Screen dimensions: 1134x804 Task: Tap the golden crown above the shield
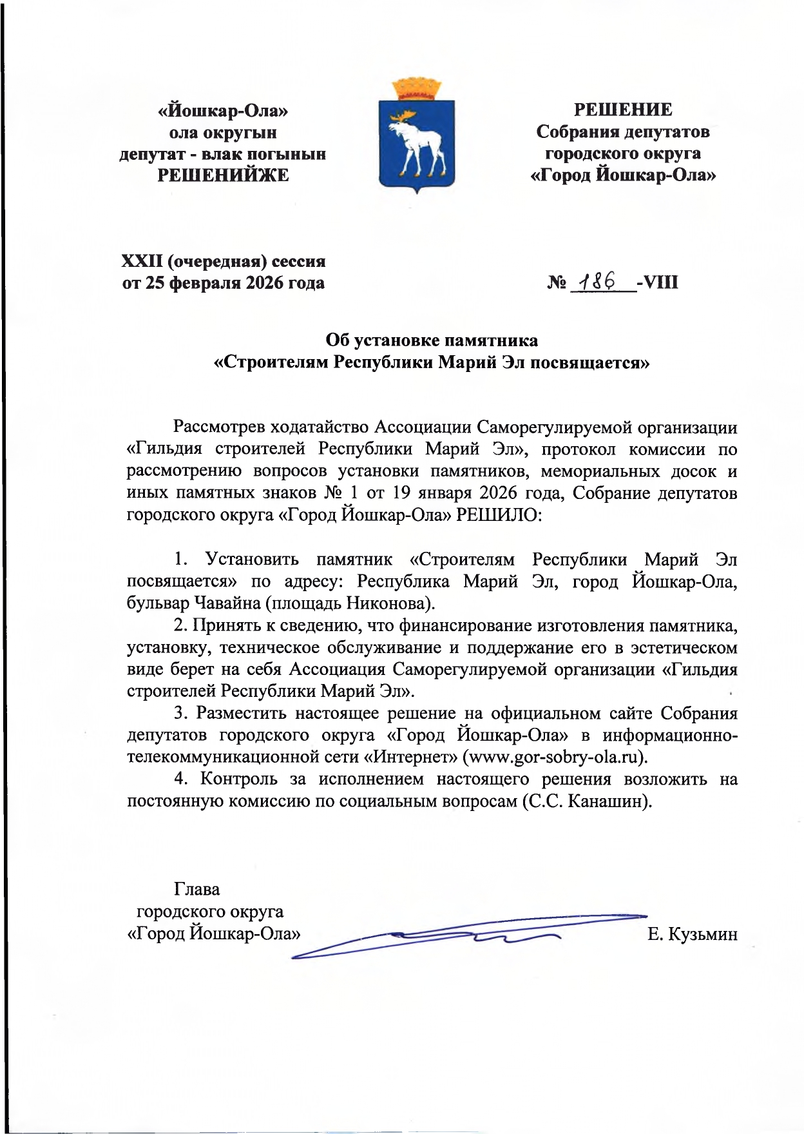416,89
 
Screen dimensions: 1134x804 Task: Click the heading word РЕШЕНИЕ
623,110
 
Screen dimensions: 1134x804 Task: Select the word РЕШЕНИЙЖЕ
223,175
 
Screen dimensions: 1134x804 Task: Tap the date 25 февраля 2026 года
235,283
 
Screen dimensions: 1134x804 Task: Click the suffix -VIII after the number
657,282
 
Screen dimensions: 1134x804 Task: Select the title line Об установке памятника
432,340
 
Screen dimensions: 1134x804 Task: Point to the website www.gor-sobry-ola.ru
557,756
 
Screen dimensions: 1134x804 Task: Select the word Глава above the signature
196,890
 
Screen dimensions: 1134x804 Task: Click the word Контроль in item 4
238,779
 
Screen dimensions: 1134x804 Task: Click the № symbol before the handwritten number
557,282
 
